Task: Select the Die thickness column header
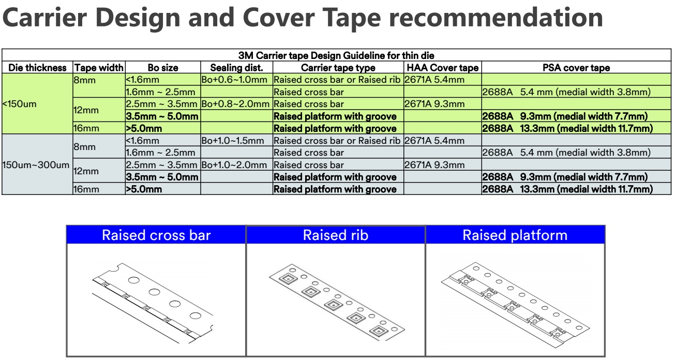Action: point(37,68)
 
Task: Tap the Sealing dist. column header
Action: point(236,68)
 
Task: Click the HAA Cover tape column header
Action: point(442,68)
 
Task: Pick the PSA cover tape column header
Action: point(576,68)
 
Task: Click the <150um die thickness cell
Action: point(19,104)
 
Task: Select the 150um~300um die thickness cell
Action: point(36,165)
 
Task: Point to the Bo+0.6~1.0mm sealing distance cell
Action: point(234,80)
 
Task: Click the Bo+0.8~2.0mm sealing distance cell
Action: point(235,104)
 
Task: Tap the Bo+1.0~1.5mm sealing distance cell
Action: point(232,141)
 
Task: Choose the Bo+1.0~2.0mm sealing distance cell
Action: point(234,165)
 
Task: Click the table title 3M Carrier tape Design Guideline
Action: point(336,55)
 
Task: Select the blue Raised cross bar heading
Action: point(156,235)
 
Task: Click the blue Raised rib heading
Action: point(336,235)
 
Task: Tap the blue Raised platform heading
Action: point(515,235)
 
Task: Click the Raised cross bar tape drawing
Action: point(153,303)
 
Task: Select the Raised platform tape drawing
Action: point(516,305)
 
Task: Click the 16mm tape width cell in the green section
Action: point(86,128)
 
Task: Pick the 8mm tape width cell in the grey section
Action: point(84,147)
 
